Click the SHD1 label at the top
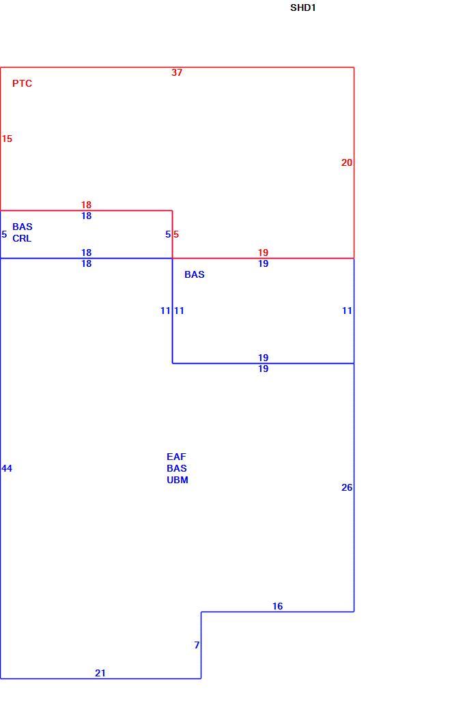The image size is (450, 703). (303, 8)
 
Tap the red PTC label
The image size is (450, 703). (22, 83)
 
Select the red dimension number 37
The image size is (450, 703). (177, 72)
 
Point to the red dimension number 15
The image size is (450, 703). (7, 139)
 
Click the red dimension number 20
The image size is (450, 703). (347, 162)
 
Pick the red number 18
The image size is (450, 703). (86, 205)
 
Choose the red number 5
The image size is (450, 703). (176, 234)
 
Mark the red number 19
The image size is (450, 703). (264, 253)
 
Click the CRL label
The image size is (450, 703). (22, 238)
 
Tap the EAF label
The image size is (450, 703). (176, 457)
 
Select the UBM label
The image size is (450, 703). (178, 480)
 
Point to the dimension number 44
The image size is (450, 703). (7, 468)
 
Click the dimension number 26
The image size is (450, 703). (347, 487)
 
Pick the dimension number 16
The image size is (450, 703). (278, 606)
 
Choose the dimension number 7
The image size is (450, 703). (197, 645)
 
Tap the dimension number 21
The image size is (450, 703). (100, 673)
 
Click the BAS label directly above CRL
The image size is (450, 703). (23, 227)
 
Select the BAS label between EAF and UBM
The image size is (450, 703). (177, 468)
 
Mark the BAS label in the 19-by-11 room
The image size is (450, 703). (194, 274)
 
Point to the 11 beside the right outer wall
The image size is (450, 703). (347, 311)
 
